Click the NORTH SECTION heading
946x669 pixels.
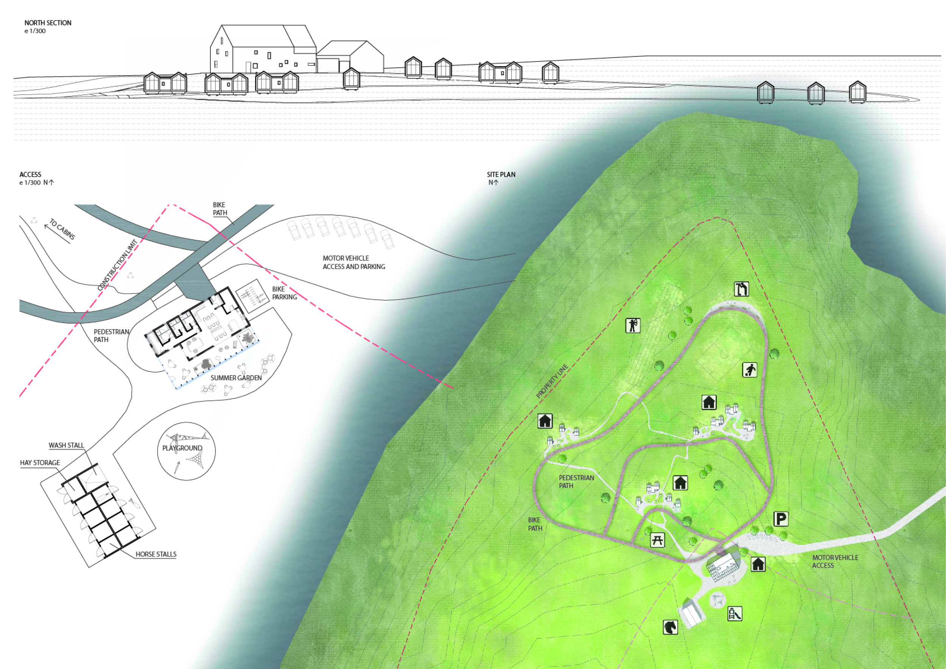click(x=48, y=23)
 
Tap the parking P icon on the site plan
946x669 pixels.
click(x=780, y=519)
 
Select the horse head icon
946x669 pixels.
click(x=671, y=627)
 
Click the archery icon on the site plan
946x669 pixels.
click(x=632, y=325)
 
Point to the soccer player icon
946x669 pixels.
click(x=750, y=370)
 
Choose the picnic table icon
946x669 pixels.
click(x=657, y=540)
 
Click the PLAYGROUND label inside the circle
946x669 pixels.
click(x=182, y=448)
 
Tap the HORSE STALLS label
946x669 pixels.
click(x=156, y=554)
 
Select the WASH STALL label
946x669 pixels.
click(x=66, y=445)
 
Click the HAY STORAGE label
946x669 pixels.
click(x=40, y=463)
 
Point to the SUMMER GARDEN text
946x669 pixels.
click(x=236, y=378)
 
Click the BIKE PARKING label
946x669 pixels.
click(x=284, y=293)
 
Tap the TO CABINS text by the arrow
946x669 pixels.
click(x=62, y=229)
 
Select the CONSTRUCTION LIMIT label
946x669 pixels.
click(x=117, y=265)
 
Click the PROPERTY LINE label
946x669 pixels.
click(x=552, y=381)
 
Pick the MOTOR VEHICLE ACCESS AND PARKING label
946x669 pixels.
click(x=354, y=262)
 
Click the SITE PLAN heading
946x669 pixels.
click(x=501, y=175)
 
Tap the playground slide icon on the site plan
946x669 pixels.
click(x=734, y=614)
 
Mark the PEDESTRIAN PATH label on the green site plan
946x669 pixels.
click(x=576, y=482)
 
